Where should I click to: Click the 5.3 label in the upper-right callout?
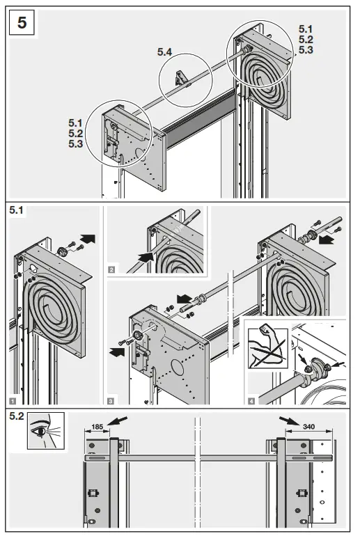tap(306, 50)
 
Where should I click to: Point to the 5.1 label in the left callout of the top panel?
tap(77, 123)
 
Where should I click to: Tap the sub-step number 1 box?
tap(14, 400)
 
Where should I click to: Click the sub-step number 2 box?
tap(111, 268)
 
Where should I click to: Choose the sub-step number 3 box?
tap(111, 400)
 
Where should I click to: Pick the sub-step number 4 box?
tap(250, 400)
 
